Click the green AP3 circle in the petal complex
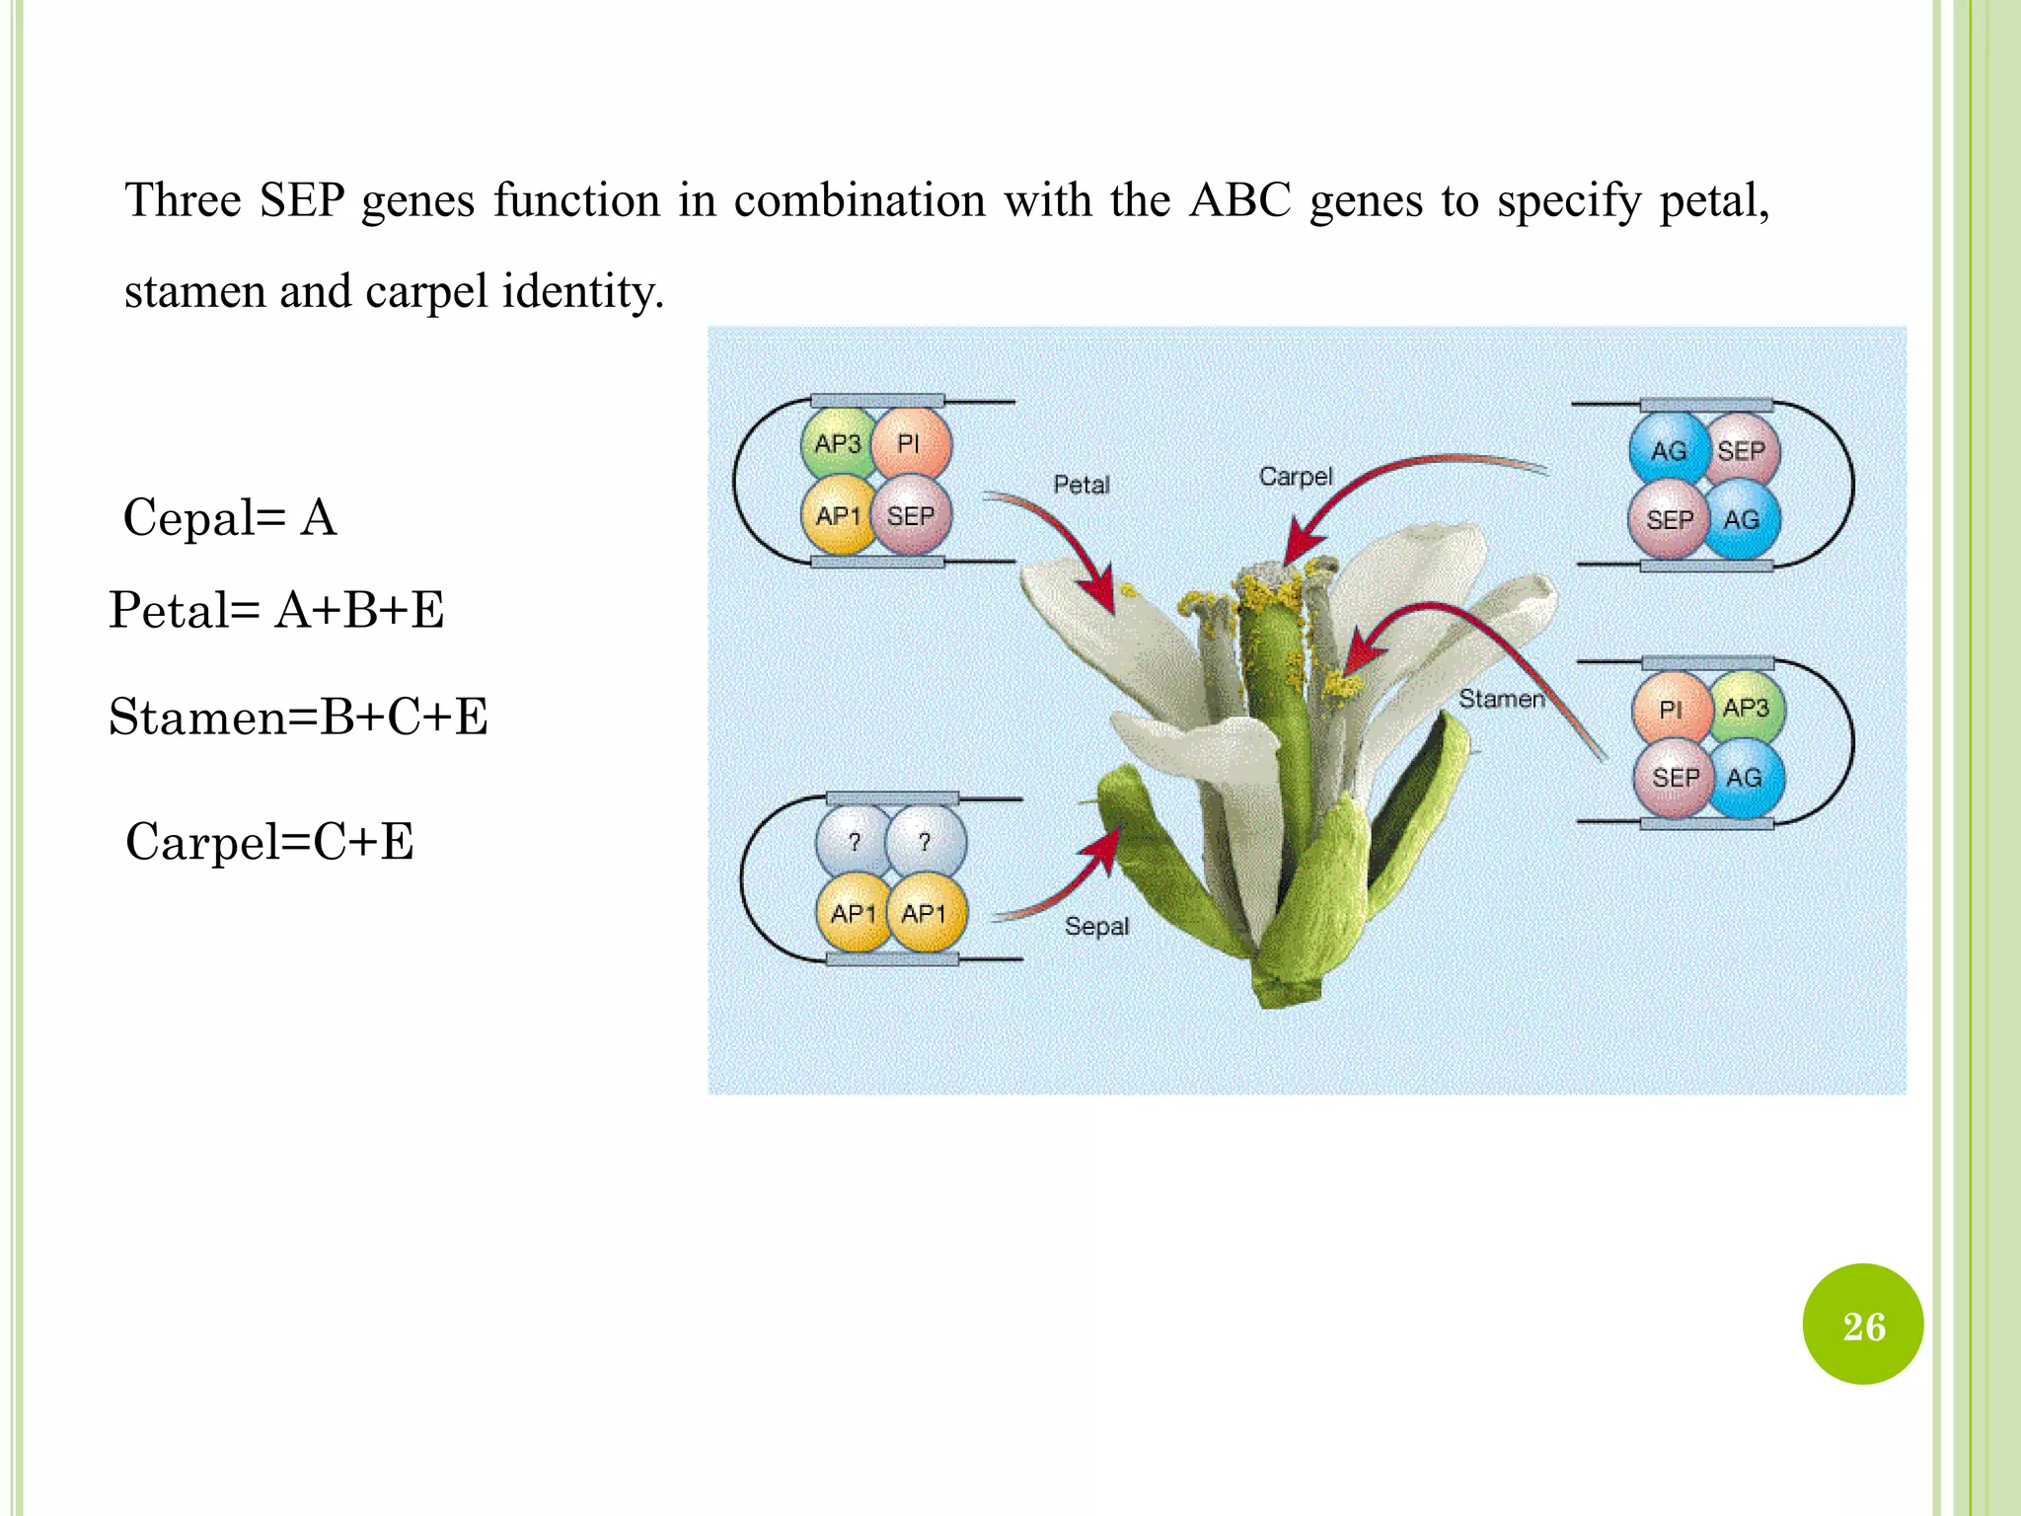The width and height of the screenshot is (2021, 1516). tap(837, 445)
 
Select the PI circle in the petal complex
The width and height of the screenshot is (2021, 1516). tap(910, 444)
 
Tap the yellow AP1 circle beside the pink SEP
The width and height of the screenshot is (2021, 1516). tap(838, 515)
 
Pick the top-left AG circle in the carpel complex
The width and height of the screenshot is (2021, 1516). tap(1668, 451)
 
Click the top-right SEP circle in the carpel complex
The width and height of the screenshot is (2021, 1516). tap(1742, 451)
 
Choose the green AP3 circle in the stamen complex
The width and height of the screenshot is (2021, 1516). tap(1745, 709)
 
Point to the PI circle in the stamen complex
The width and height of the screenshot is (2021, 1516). tap(1671, 710)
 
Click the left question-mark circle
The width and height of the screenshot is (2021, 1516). tap(855, 842)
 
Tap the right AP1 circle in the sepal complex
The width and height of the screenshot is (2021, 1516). tap(925, 913)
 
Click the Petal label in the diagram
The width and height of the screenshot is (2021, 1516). tap(1082, 485)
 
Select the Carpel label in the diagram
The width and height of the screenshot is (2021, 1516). tap(1296, 477)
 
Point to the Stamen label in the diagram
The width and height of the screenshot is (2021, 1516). tap(1501, 699)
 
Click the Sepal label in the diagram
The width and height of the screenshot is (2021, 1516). tap(1096, 926)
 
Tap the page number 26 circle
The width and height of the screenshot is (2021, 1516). tap(1863, 1325)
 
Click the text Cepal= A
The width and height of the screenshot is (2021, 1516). tap(230, 517)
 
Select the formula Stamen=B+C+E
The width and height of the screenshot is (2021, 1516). tap(298, 717)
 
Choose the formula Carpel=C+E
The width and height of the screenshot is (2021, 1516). tap(269, 842)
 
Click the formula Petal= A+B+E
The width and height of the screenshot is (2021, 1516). tap(276, 610)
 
